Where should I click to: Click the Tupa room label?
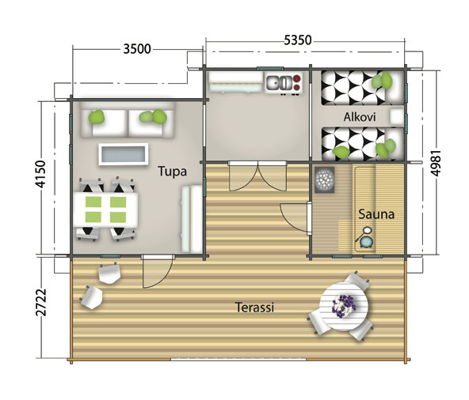(x=172, y=170)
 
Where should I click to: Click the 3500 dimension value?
(x=136, y=48)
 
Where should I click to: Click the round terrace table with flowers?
(x=344, y=304)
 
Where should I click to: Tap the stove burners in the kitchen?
(x=296, y=81)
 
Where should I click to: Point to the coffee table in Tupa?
(x=123, y=153)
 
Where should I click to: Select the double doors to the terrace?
(x=254, y=177)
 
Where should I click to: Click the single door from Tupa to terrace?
(x=154, y=273)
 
